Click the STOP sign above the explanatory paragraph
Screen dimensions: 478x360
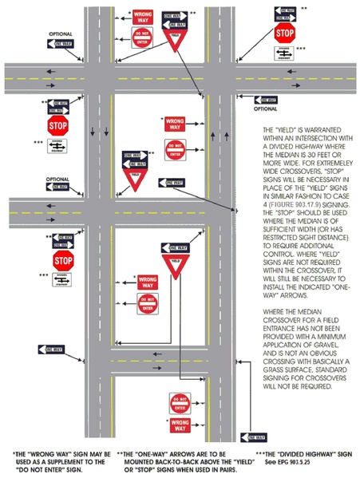coord(285,34)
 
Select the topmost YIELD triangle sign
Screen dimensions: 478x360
coord(174,40)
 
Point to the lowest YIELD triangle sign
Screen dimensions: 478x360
coord(176,265)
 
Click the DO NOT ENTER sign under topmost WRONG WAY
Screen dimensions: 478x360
coord(144,37)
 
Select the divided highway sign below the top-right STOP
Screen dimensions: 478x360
coord(284,53)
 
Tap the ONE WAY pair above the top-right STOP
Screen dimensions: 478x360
coord(285,14)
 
